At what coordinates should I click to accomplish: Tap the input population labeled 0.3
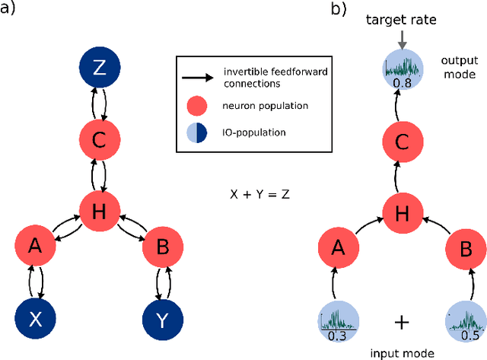(335, 320)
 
